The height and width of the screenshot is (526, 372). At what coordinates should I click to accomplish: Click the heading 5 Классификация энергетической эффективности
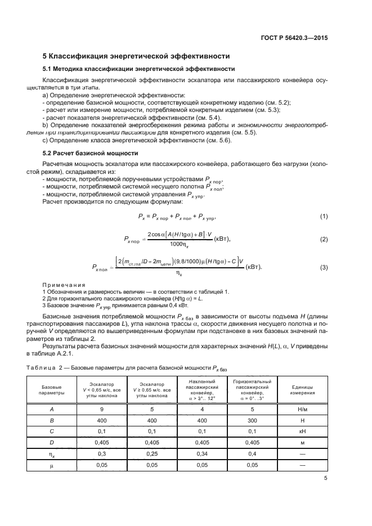(x=137, y=56)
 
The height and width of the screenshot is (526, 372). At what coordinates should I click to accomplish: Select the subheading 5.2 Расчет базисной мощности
(x=87, y=152)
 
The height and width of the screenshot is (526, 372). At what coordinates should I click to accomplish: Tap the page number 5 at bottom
(x=326, y=479)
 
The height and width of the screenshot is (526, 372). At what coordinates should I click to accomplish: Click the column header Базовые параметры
(x=55, y=390)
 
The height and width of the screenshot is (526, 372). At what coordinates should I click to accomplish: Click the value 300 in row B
(x=252, y=420)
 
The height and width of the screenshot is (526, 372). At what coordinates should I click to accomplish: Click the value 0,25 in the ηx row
(x=151, y=453)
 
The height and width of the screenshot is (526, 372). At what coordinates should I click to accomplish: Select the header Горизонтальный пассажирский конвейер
(x=252, y=390)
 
